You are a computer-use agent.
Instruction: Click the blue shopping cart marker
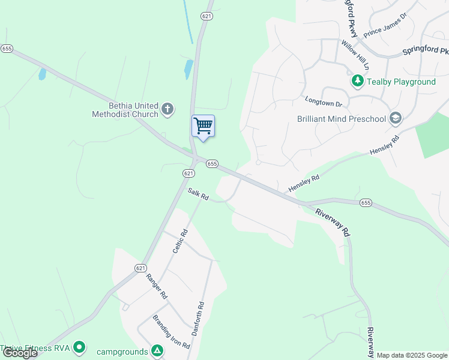(x=203, y=126)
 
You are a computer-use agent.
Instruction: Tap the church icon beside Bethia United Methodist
(x=167, y=109)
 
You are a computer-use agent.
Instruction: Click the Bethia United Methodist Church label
(x=125, y=109)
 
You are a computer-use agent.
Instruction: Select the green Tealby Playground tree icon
(x=357, y=80)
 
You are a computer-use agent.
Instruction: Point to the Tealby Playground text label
(x=401, y=82)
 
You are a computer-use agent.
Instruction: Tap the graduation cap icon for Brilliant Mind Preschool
(x=395, y=118)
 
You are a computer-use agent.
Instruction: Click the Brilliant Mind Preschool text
(x=342, y=119)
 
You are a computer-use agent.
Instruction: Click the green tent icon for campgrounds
(x=157, y=349)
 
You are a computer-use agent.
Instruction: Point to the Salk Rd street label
(x=197, y=195)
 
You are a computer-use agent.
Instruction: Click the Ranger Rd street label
(x=157, y=287)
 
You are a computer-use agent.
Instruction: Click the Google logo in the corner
(x=20, y=353)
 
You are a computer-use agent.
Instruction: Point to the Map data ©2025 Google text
(x=412, y=355)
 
